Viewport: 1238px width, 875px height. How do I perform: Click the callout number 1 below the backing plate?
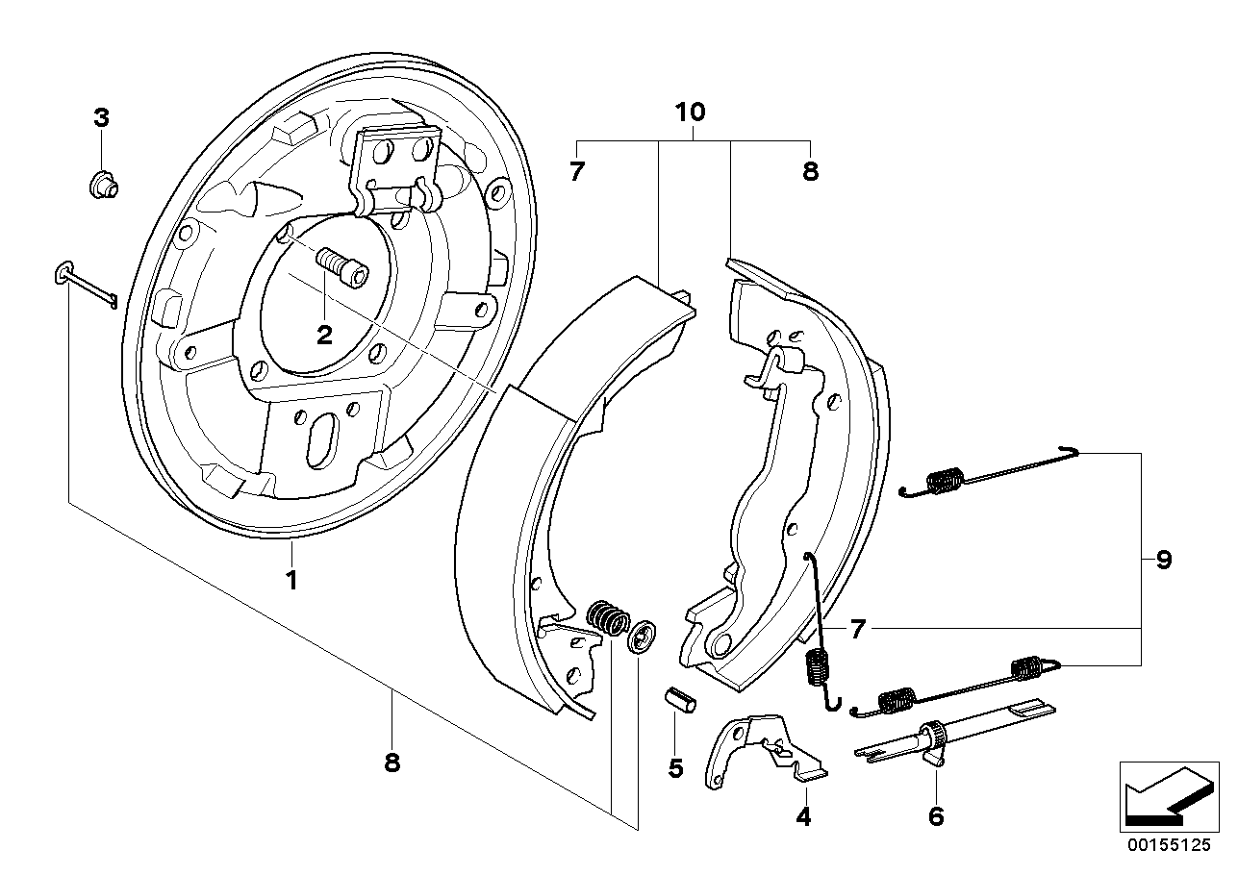point(291,580)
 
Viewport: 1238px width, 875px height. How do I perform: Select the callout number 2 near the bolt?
point(324,334)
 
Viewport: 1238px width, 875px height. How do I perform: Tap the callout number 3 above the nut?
point(101,118)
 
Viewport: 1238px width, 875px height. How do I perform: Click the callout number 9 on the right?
point(1164,560)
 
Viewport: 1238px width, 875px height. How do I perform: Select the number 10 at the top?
point(690,112)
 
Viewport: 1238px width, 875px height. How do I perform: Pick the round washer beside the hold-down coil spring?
point(640,637)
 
